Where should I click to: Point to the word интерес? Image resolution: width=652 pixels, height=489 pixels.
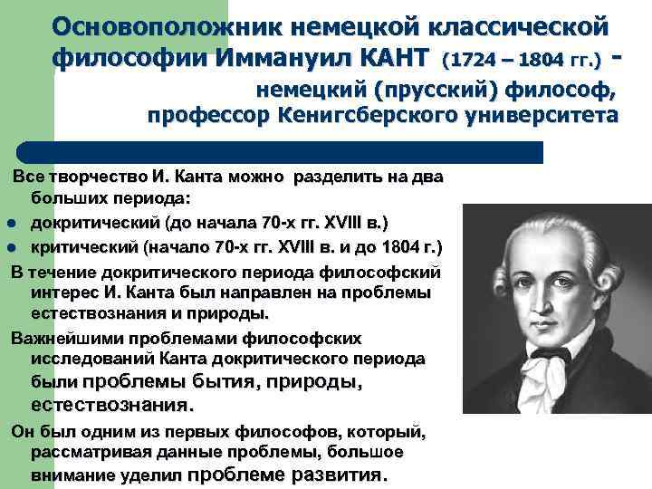point(63,292)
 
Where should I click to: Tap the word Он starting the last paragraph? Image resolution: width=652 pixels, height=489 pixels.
point(24,430)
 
